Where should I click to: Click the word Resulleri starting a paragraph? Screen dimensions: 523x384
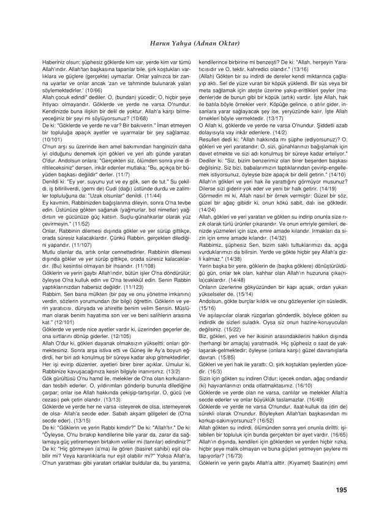click(214, 141)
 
